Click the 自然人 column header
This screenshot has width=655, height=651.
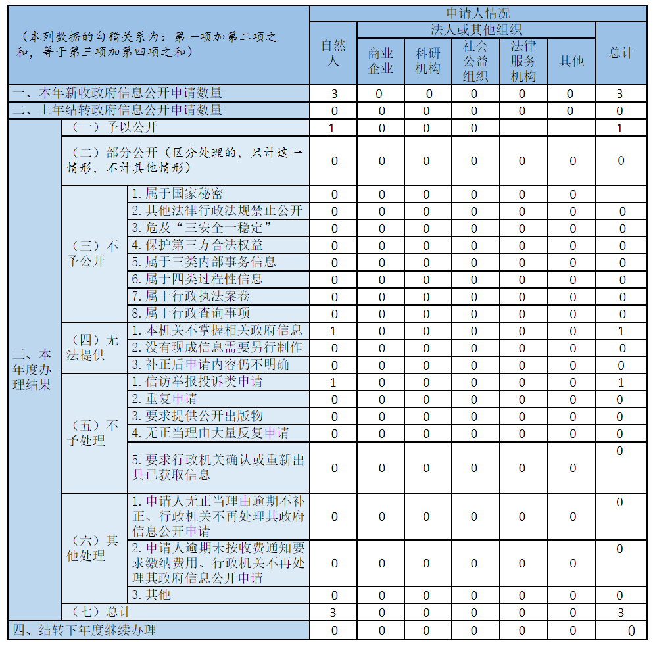click(333, 53)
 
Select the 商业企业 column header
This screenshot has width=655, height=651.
click(381, 61)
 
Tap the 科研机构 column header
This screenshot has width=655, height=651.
click(428, 61)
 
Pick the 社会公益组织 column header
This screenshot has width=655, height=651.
click(475, 61)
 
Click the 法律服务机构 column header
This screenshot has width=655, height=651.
click(523, 61)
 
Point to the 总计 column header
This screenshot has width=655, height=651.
click(621, 53)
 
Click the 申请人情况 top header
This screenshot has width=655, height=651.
click(478, 13)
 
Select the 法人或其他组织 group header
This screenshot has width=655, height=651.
click(476, 30)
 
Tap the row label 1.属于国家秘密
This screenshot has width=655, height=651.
click(177, 194)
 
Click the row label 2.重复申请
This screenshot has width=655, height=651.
click(164, 399)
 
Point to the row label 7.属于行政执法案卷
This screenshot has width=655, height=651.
click(190, 297)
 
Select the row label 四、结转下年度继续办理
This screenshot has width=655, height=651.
click(85, 631)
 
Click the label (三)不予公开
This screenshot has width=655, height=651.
click(93, 254)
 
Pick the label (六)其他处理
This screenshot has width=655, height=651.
click(93, 548)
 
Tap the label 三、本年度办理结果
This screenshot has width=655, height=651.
click(32, 370)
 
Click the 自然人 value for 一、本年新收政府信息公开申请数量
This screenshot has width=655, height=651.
click(334, 94)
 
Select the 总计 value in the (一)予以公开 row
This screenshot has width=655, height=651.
click(620, 128)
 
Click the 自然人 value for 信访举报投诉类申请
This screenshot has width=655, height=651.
click(333, 382)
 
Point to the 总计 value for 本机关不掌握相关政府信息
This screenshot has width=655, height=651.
click(621, 331)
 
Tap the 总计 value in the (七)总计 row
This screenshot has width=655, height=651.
click(621, 614)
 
